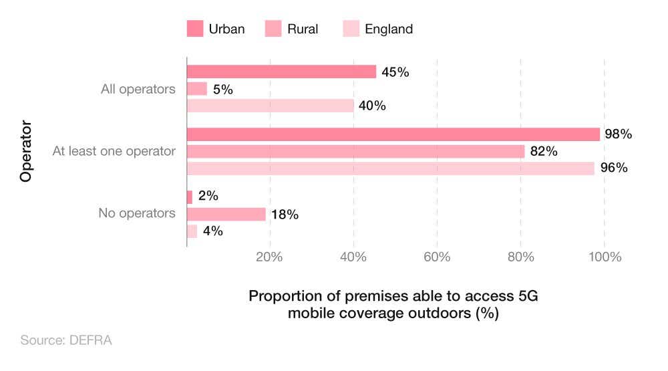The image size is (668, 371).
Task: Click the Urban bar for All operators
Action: pos(281,72)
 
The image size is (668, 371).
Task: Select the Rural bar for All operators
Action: pos(197,88)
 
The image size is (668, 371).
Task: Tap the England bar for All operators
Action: pos(271,106)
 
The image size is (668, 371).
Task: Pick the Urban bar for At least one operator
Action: pos(393,134)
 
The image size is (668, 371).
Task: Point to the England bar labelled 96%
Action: pos(391,168)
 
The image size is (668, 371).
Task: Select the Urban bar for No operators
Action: pos(190,197)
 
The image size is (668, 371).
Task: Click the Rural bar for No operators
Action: pos(226,214)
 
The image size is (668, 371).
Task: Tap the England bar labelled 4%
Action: pos(192,231)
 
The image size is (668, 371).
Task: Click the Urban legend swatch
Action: pos(194,29)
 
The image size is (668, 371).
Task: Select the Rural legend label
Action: pos(303,29)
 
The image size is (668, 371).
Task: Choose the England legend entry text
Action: pos(389,29)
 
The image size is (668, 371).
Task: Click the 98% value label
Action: pos(618,134)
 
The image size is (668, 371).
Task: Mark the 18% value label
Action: pos(284,214)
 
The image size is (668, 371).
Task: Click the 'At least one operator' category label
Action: pos(114,151)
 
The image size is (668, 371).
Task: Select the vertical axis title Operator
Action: pos(26,151)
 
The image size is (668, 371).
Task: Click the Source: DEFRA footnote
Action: pos(66,340)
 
